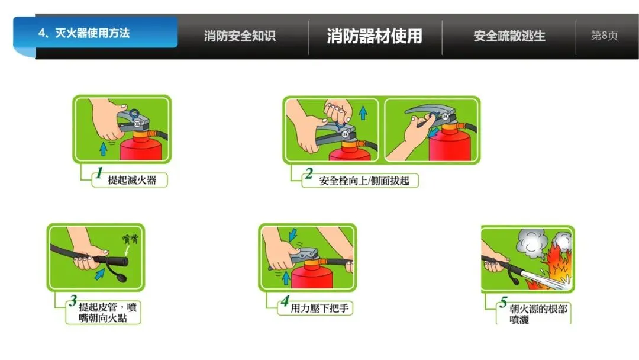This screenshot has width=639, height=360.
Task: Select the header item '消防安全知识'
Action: click(240, 36)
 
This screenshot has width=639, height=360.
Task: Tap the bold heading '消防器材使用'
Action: click(374, 36)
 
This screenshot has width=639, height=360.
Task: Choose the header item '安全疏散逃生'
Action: click(509, 36)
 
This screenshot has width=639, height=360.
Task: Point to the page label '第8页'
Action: click(604, 36)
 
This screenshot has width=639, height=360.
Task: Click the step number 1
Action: click(99, 173)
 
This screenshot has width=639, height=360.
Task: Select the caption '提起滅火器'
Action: click(132, 180)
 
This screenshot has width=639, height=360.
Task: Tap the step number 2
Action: click(309, 173)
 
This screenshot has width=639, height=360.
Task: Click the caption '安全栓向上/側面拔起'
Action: click(364, 181)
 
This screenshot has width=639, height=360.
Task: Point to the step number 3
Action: click(73, 300)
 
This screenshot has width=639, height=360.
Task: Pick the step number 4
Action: click(285, 301)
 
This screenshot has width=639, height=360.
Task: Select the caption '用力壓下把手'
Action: click(319, 308)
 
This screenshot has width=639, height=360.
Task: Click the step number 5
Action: click(504, 302)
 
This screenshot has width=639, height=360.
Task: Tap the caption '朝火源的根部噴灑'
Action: click(538, 314)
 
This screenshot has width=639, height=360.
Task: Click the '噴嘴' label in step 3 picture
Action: click(131, 239)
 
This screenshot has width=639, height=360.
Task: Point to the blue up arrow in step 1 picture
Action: click(104, 149)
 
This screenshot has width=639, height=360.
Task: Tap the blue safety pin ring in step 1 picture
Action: click(134, 114)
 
